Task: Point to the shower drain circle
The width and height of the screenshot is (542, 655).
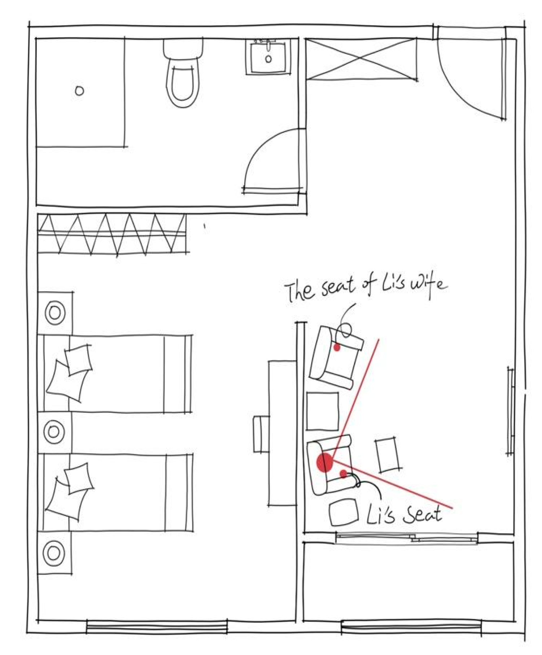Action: tap(79, 90)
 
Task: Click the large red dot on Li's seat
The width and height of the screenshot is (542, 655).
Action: tap(324, 463)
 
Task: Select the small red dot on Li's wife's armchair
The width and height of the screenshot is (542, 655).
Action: tap(337, 347)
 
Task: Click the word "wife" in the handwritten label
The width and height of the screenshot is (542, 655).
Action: tap(428, 284)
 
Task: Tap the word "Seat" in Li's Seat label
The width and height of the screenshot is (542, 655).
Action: tap(422, 514)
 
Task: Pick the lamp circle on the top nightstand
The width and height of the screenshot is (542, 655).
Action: tap(55, 313)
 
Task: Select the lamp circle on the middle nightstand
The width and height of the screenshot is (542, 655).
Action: tap(54, 432)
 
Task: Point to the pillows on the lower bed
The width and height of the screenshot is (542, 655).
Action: tap(69, 491)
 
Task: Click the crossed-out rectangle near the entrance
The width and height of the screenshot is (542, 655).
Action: tap(361, 59)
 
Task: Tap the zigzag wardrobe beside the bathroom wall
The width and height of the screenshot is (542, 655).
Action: tap(112, 234)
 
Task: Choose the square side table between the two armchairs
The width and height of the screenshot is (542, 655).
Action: tap(323, 411)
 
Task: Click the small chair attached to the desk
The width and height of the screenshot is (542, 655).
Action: tap(261, 434)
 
